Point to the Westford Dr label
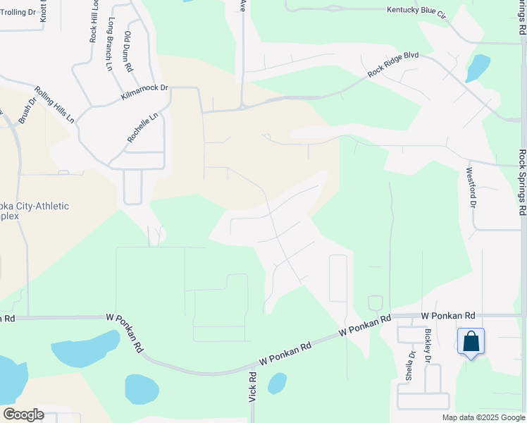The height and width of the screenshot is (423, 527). point(472,186)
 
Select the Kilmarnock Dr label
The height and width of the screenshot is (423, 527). point(144,92)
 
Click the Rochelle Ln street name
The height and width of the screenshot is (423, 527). point(142,128)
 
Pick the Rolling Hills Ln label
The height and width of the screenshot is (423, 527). point(55,104)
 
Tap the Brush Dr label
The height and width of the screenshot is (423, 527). point(27,111)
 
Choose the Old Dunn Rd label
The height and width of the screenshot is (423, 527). point(128,51)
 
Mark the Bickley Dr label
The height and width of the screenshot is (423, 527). point(427,347)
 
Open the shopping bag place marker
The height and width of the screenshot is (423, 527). point(471,342)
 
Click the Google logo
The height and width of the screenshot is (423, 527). point(23,415)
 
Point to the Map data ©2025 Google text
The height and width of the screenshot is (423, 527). point(483,417)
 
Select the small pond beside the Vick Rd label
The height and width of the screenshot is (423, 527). point(278,383)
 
